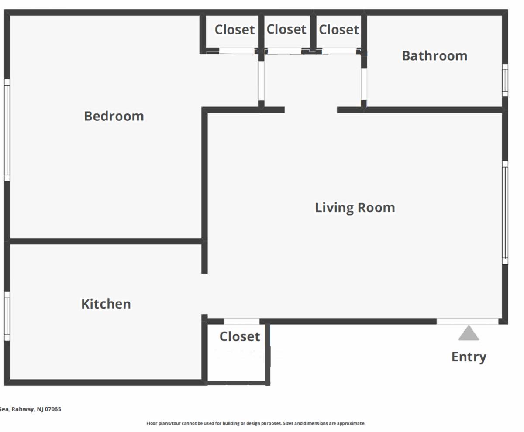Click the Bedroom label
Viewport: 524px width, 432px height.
(x=114, y=116)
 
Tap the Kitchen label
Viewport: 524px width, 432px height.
(x=106, y=304)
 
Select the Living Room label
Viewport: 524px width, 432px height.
(x=355, y=208)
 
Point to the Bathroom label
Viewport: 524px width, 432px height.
(x=434, y=56)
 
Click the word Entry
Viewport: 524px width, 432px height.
(x=469, y=357)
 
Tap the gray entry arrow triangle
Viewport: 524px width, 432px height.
(x=469, y=333)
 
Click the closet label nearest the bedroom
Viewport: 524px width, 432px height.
(x=234, y=30)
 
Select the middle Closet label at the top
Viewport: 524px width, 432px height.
(x=286, y=29)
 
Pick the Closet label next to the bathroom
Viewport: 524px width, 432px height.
(x=339, y=30)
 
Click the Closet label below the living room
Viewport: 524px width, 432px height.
(x=240, y=336)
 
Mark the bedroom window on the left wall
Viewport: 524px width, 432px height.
(x=7, y=130)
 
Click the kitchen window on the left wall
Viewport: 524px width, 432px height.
(x=7, y=316)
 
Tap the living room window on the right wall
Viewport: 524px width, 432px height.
(x=505, y=213)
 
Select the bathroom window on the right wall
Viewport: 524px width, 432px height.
(x=505, y=80)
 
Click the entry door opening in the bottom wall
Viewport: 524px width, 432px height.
(x=468, y=321)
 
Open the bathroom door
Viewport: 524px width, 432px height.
(x=364, y=84)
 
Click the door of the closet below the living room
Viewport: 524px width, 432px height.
(x=241, y=321)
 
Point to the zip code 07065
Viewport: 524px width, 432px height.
(x=53, y=409)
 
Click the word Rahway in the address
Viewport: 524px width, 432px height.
(x=23, y=409)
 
